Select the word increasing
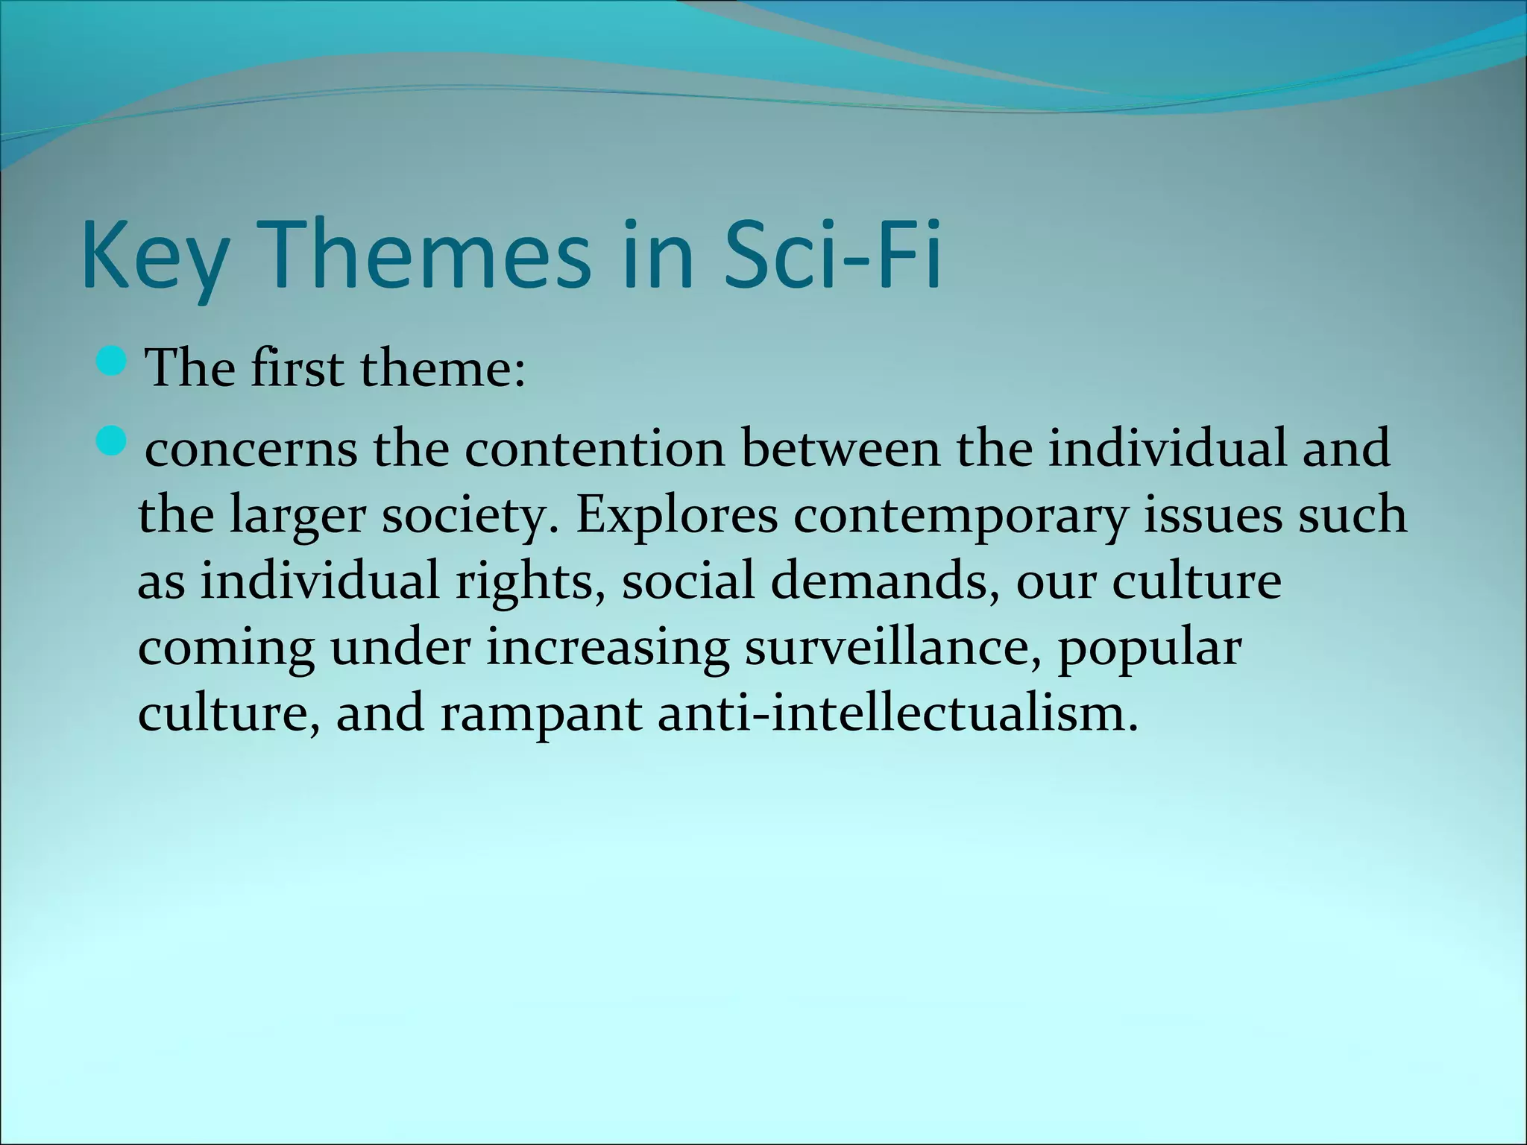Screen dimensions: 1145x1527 (x=607, y=648)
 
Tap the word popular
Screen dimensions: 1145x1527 (x=1149, y=648)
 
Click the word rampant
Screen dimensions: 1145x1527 (x=541, y=713)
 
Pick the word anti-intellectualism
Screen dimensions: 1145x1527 (x=898, y=713)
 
